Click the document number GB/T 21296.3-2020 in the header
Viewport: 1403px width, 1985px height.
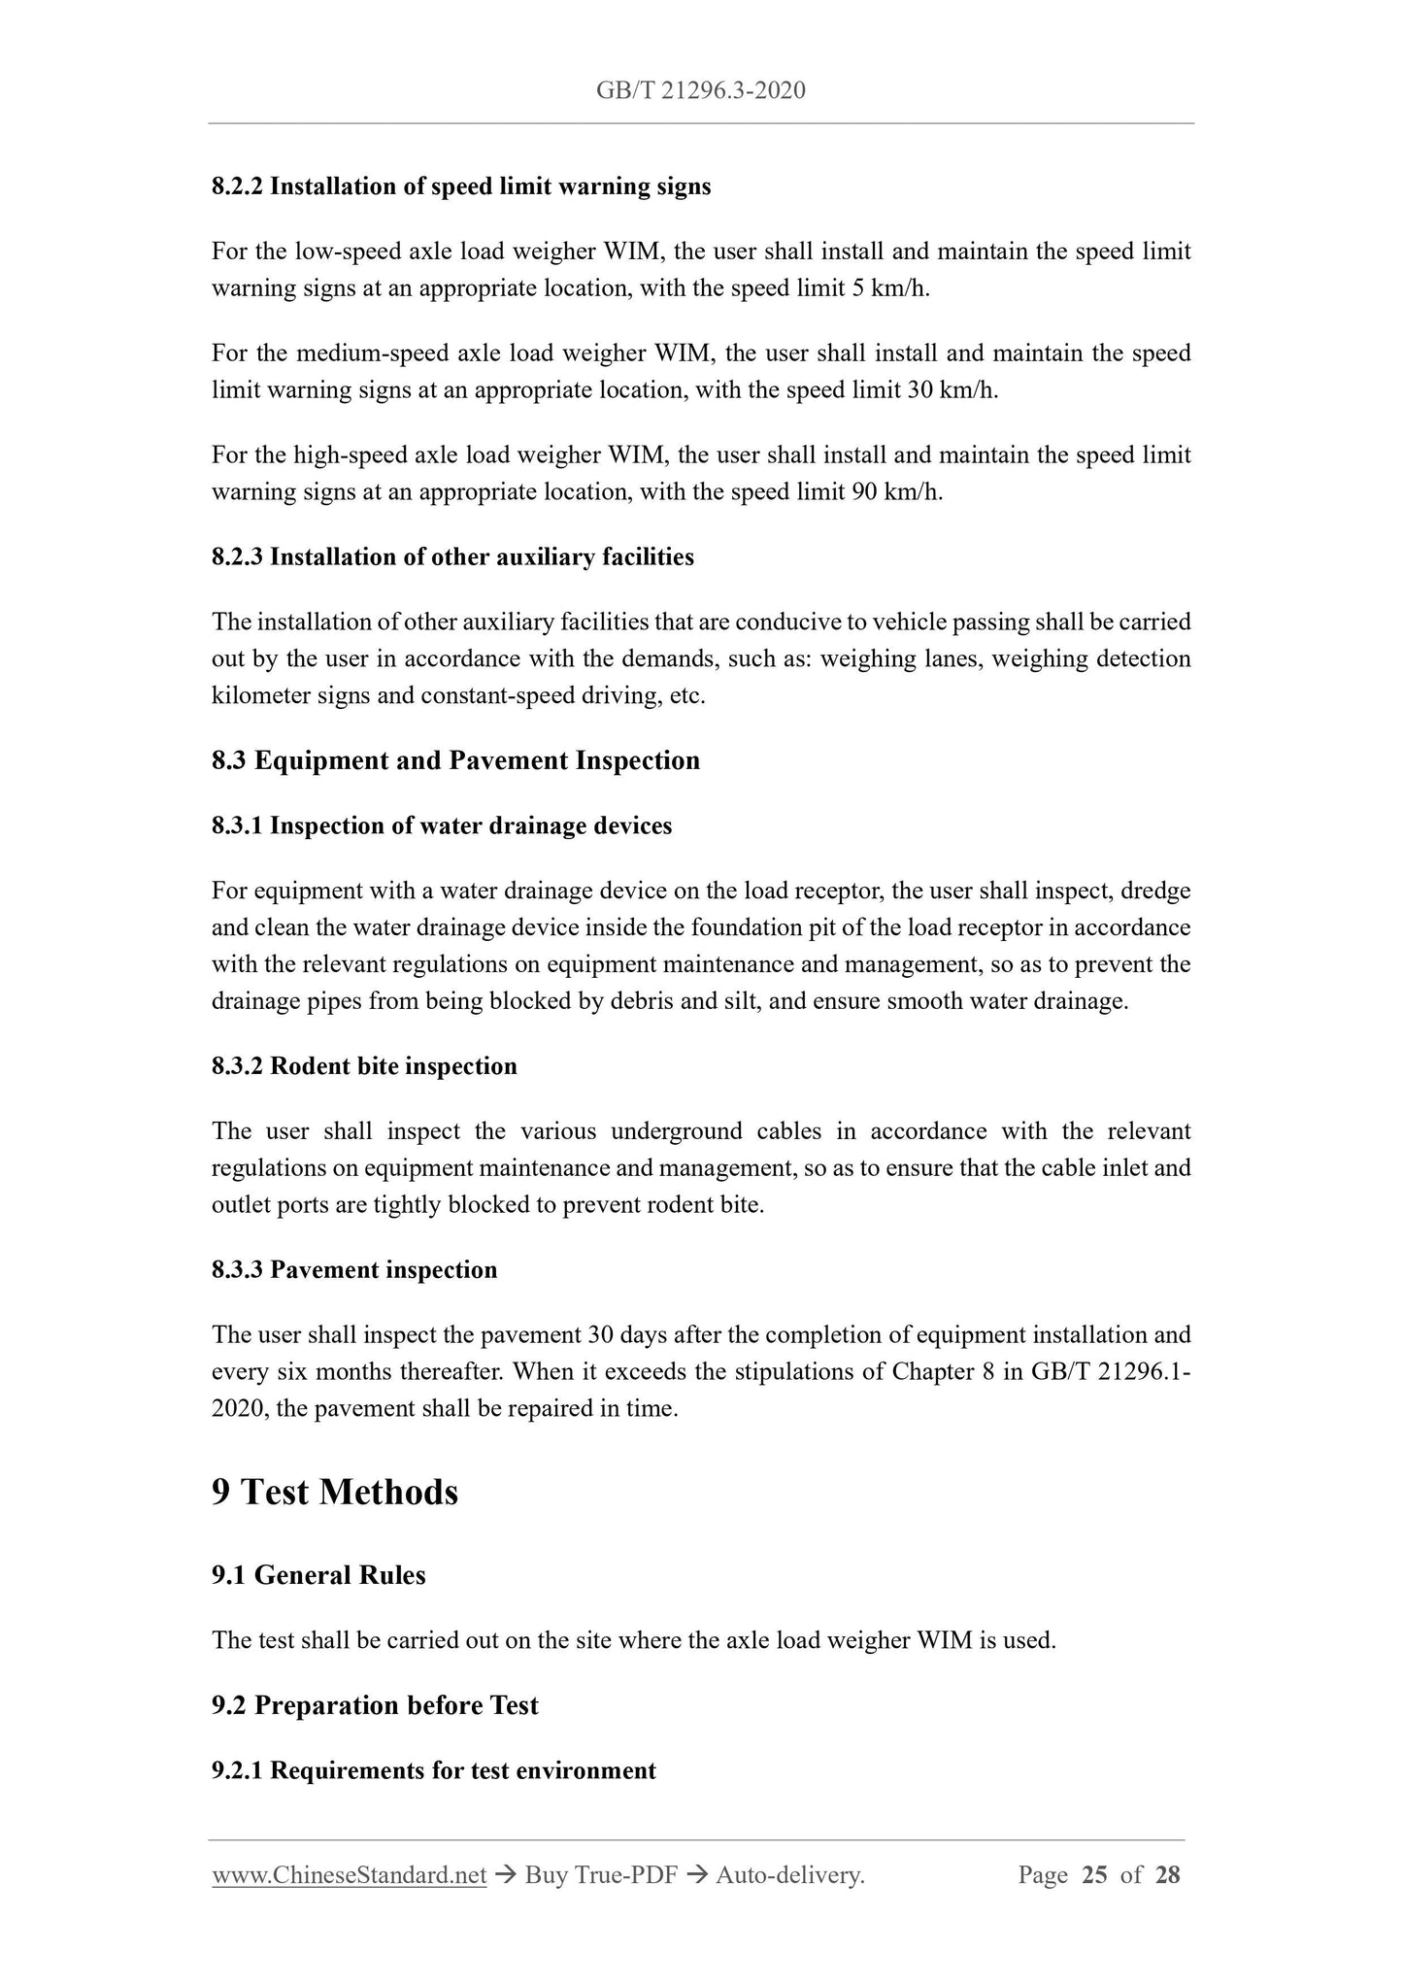coord(700,90)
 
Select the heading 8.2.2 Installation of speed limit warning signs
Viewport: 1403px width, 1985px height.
coord(461,186)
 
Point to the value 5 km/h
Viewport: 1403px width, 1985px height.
coord(890,289)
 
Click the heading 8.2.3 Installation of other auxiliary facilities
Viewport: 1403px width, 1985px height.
coord(452,557)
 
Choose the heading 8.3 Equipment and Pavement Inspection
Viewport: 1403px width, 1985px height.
coord(455,760)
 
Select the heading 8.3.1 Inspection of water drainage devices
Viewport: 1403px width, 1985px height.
coord(442,826)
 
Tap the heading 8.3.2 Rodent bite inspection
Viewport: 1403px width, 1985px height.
coord(364,1066)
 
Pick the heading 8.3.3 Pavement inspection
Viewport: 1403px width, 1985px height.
coord(354,1270)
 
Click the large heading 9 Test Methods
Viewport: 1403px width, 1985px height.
coord(335,1493)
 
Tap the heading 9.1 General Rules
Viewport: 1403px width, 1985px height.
coord(318,1575)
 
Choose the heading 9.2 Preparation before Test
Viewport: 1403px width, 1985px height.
coord(375,1706)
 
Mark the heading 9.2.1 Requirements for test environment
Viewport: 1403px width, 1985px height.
coord(434,1770)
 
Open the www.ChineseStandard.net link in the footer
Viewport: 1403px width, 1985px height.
coord(349,1876)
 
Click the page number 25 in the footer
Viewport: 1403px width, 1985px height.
coord(1093,1875)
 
